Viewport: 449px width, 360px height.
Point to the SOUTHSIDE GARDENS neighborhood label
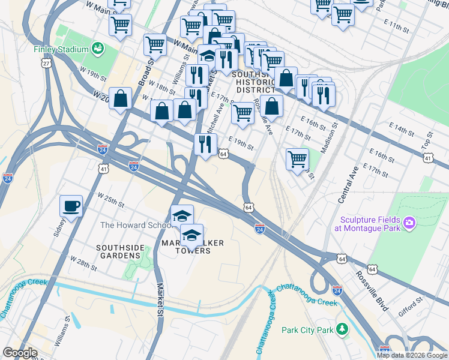click(x=120, y=251)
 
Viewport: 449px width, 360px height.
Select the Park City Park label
click(x=307, y=329)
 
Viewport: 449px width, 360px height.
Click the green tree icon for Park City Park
click(x=342, y=329)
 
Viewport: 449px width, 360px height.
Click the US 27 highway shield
click(x=46, y=63)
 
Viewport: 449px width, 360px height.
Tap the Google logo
click(x=20, y=353)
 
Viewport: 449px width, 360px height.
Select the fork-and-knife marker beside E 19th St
click(x=205, y=144)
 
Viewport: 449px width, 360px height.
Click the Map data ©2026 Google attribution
click(x=412, y=355)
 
